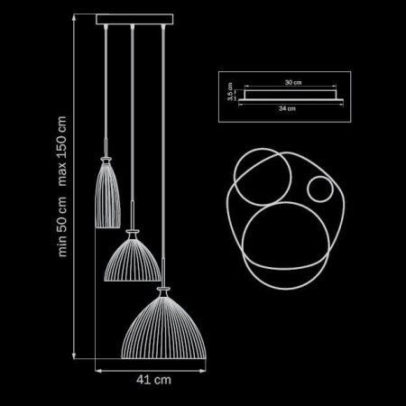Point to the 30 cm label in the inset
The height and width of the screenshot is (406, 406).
tap(291, 82)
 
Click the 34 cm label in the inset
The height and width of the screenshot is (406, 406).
tap(287, 107)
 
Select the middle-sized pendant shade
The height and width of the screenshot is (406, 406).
tap(134, 259)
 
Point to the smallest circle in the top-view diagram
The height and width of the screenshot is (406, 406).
tap(318, 189)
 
